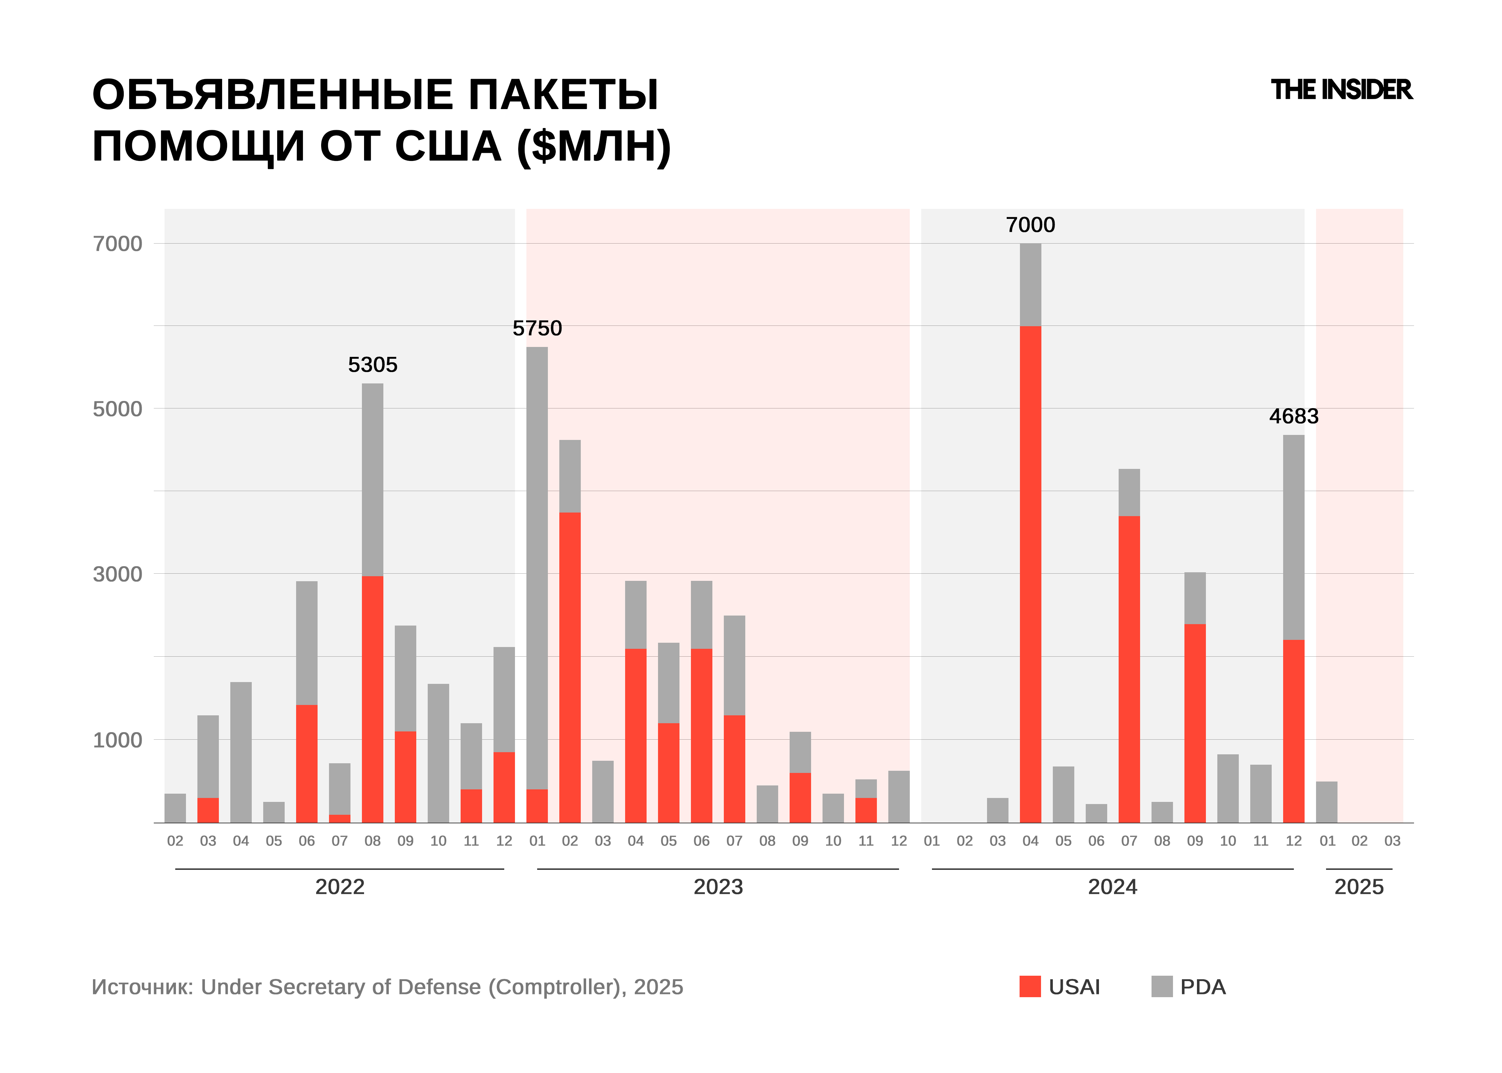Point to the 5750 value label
pos(537,328)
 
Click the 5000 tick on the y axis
pos(118,409)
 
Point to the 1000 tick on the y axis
pos(118,740)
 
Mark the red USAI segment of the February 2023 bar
pos(570,667)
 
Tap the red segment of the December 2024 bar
pos(1293,731)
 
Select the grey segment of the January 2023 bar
pos(537,568)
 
